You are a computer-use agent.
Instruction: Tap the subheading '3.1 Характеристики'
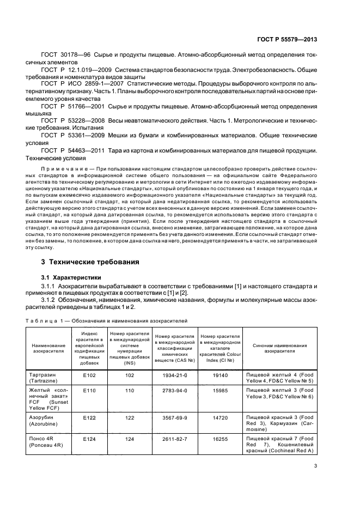click(70, 277)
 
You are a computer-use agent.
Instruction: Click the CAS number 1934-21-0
click(174, 375)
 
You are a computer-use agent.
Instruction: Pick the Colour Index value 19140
click(220, 375)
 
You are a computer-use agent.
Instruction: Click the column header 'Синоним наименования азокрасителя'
click(279, 348)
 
